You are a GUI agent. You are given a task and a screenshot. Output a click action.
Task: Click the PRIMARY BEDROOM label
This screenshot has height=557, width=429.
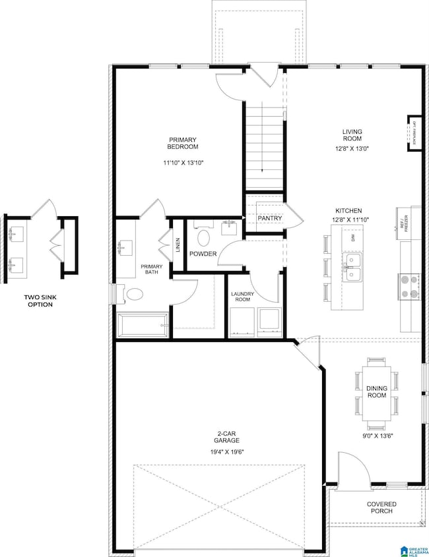tap(183, 143)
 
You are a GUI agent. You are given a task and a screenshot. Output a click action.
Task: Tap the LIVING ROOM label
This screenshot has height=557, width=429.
tap(352, 135)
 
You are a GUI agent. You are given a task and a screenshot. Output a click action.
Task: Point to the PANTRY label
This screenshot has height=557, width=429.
tap(270, 218)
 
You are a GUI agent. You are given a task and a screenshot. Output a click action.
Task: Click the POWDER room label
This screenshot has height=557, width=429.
tap(204, 254)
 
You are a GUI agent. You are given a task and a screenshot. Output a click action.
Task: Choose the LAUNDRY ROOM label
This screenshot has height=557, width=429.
tap(242, 297)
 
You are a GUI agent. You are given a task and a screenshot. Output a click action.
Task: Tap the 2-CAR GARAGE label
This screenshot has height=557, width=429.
tap(226, 436)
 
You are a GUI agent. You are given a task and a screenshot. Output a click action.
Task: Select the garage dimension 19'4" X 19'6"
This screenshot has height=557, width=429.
tap(226, 453)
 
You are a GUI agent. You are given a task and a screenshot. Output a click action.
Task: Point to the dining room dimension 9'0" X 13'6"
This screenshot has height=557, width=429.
tap(376, 436)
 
